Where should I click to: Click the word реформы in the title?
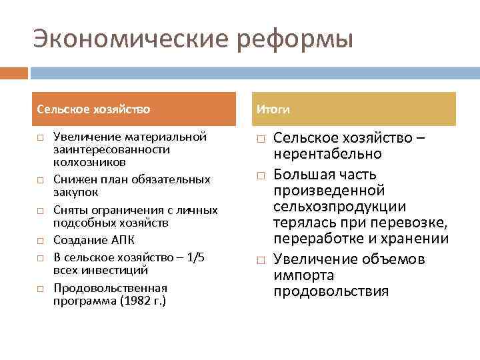pos(292,39)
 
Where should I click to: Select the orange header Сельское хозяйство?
pos(94,109)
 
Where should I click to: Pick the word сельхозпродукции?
pos(340,207)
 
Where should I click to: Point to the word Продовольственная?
pos(110,288)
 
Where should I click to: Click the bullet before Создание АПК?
pos(40,240)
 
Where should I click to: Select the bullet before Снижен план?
pos(40,180)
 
